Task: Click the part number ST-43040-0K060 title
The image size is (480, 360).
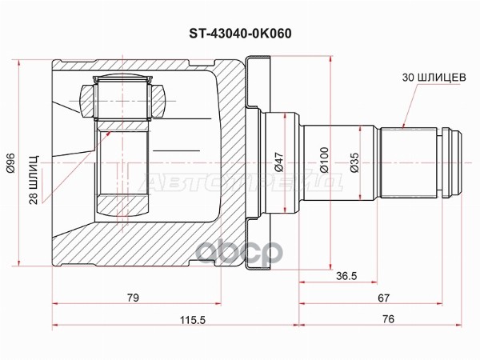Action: point(239,34)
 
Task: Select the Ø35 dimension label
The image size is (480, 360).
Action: point(354,164)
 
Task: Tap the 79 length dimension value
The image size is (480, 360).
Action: point(133,298)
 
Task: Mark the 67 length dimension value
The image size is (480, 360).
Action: point(383,298)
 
